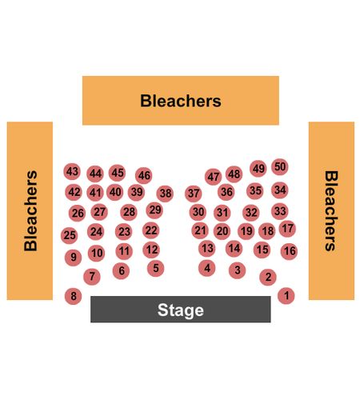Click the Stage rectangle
[x=181, y=309]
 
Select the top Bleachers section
[x=181, y=101]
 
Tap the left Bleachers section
[x=30, y=210]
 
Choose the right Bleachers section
[x=331, y=210]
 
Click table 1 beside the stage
[x=286, y=296]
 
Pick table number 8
[x=73, y=296]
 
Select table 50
[x=280, y=167]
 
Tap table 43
[x=72, y=171]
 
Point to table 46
[x=144, y=175]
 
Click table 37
[x=194, y=194]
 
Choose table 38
[x=165, y=194]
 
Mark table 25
[x=70, y=235]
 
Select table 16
[x=289, y=251]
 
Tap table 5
[x=156, y=268]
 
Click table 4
[x=207, y=268]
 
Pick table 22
[x=151, y=230]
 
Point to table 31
[x=222, y=213]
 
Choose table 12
[x=151, y=250]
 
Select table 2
[x=268, y=277]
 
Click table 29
[x=154, y=210]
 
